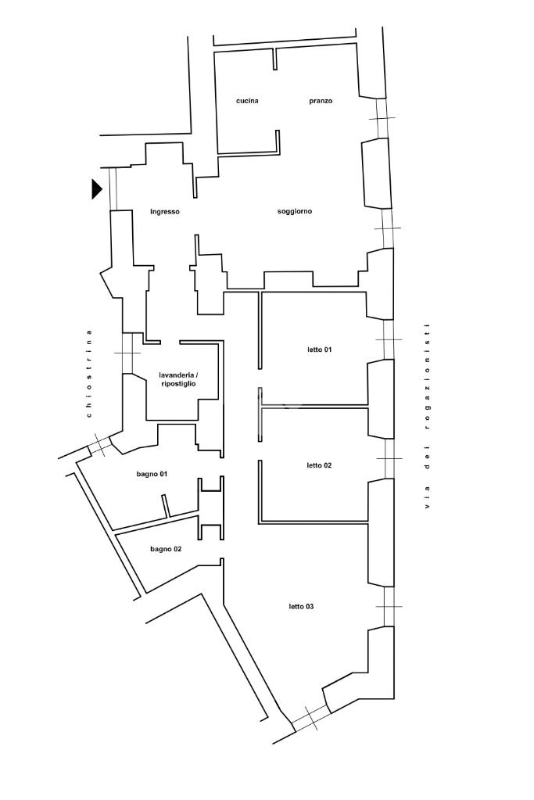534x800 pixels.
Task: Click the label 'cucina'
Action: [x=247, y=101]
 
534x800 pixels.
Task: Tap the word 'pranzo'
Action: [x=321, y=101]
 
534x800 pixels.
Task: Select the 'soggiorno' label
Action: [x=295, y=211]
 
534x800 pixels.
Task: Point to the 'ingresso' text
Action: [x=165, y=211]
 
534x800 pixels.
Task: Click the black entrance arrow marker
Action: [x=96, y=188]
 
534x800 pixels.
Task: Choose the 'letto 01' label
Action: [x=319, y=350]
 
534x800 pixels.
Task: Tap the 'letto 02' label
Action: [x=319, y=465]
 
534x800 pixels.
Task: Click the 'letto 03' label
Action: [x=301, y=607]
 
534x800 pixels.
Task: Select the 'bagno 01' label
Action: [x=152, y=474]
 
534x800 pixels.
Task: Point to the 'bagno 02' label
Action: [x=166, y=549]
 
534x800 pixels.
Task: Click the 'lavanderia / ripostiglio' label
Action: [x=177, y=379]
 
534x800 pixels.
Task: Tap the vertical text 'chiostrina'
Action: [x=90, y=374]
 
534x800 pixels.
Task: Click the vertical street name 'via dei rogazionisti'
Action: [x=427, y=417]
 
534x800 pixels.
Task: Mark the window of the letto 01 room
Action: [x=389, y=339]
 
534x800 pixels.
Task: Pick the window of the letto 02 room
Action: [x=389, y=459]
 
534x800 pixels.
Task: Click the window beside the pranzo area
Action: [x=381, y=118]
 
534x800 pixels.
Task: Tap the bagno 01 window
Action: [x=99, y=447]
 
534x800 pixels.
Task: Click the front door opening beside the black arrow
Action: [x=113, y=188]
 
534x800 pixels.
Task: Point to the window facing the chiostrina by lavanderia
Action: [x=127, y=353]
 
